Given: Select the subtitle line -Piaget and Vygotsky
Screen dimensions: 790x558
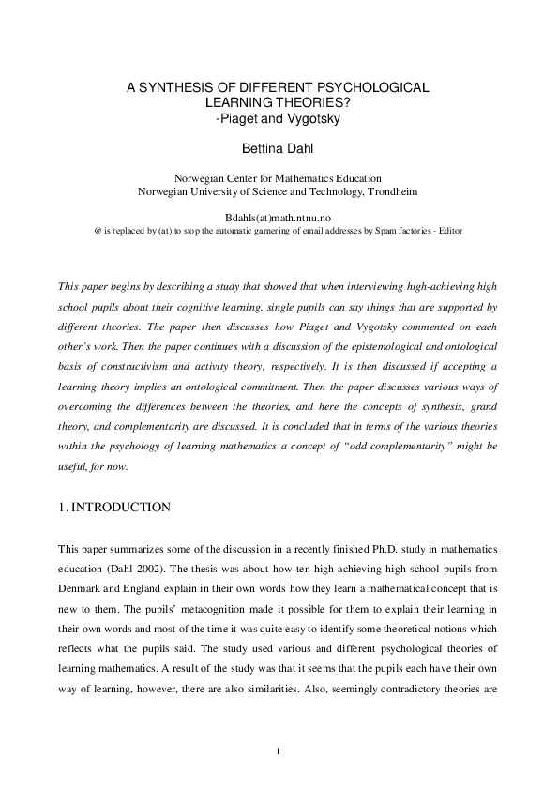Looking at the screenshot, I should pyautogui.click(x=279, y=119).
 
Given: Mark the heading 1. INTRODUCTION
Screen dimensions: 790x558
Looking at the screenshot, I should pyautogui.click(x=114, y=508).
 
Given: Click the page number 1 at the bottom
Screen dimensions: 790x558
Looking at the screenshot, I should pyautogui.click(x=279, y=751).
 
